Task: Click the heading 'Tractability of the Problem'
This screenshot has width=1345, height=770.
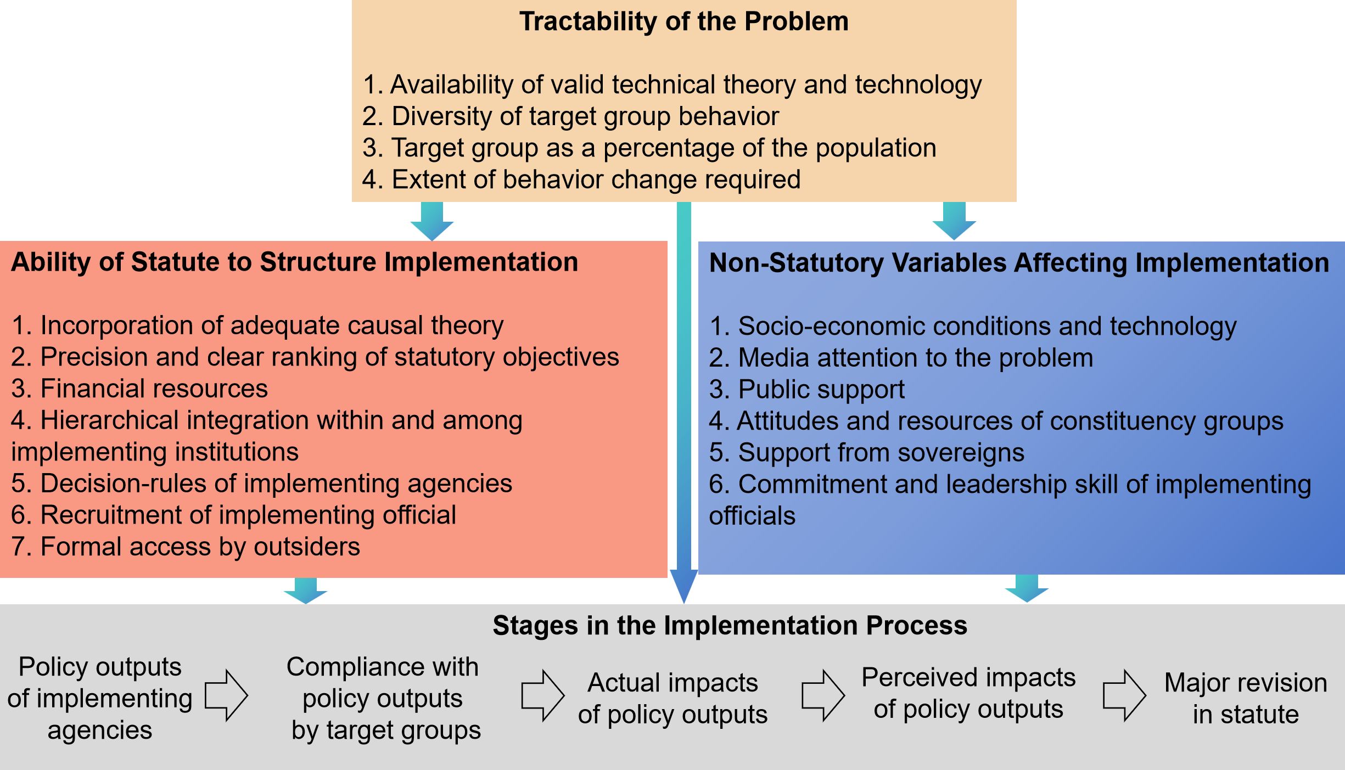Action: pyautogui.click(x=683, y=22)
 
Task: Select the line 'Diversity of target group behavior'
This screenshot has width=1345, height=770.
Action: pyautogui.click(x=570, y=116)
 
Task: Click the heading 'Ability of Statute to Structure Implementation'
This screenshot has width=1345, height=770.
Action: pyautogui.click(x=294, y=262)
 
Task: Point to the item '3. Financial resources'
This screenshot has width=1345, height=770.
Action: pyautogui.click(x=139, y=389)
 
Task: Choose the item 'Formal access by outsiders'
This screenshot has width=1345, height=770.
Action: pyautogui.click(x=186, y=547)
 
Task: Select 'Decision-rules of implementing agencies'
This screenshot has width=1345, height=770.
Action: pyautogui.click(x=261, y=484)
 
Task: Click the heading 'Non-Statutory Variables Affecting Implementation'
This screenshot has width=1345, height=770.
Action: pyautogui.click(x=1019, y=262)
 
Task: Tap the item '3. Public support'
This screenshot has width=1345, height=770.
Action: pyautogui.click(x=806, y=389)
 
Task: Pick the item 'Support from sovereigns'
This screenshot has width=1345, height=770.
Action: pyautogui.click(x=866, y=453)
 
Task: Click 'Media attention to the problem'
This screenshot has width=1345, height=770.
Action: pyautogui.click(x=901, y=358)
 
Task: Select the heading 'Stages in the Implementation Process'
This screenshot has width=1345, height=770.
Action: pyautogui.click(x=730, y=626)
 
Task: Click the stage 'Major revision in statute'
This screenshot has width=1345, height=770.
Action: pyautogui.click(x=1246, y=698)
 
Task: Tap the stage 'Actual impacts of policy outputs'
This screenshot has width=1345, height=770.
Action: pyautogui.click(x=672, y=698)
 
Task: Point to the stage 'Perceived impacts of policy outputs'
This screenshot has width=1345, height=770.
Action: pyautogui.click(x=968, y=693)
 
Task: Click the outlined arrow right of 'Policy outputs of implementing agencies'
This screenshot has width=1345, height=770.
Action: pyautogui.click(x=226, y=695)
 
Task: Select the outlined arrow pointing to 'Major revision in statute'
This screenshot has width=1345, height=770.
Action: pyautogui.click(x=1124, y=695)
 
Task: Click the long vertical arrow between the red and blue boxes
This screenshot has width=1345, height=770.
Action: pyautogui.click(x=683, y=401)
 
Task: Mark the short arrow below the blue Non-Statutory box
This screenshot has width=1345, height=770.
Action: pyautogui.click(x=1027, y=589)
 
